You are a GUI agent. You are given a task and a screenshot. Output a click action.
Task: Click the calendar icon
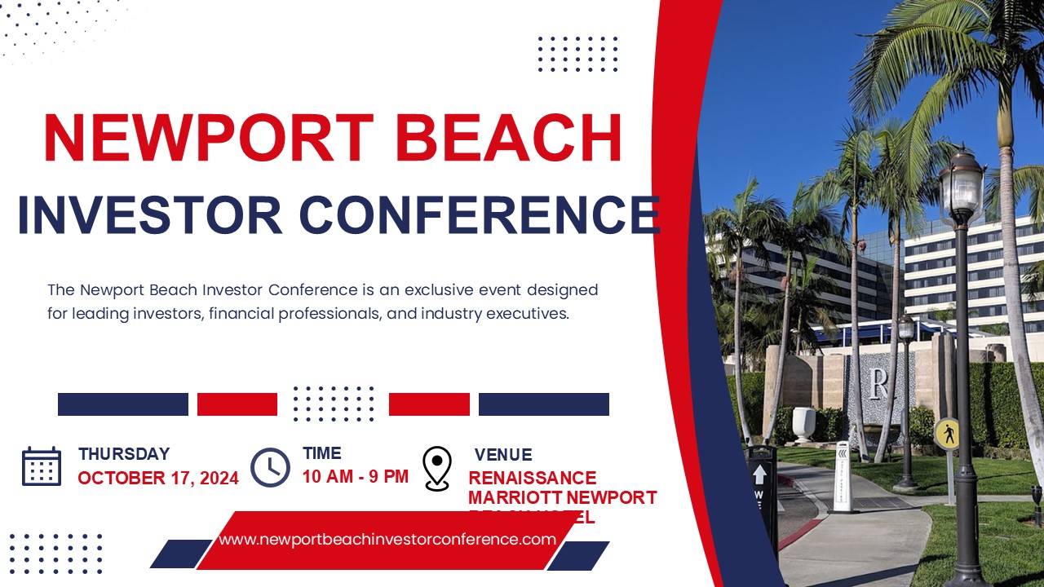[x=42, y=466]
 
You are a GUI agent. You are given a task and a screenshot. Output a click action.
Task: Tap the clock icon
[x=270, y=467]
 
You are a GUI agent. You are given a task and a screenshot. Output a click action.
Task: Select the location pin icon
[x=437, y=468]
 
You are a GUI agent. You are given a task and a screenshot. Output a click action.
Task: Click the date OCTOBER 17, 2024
[x=158, y=479]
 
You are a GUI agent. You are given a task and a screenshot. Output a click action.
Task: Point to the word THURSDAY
[x=124, y=454]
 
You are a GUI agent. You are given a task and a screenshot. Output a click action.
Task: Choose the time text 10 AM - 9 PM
[x=356, y=476]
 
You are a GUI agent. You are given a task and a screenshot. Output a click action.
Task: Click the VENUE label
[x=503, y=455]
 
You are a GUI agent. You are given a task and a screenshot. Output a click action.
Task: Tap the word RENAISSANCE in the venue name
[x=533, y=478]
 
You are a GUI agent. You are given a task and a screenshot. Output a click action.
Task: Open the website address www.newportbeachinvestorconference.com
[x=387, y=539]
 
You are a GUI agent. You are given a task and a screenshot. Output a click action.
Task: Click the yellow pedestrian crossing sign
[x=947, y=434]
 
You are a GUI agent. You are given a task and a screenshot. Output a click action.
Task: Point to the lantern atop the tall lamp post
[x=961, y=186]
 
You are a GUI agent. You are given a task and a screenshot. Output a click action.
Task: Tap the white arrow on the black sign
[x=759, y=474]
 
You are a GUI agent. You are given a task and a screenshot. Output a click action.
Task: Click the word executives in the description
[x=522, y=314]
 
